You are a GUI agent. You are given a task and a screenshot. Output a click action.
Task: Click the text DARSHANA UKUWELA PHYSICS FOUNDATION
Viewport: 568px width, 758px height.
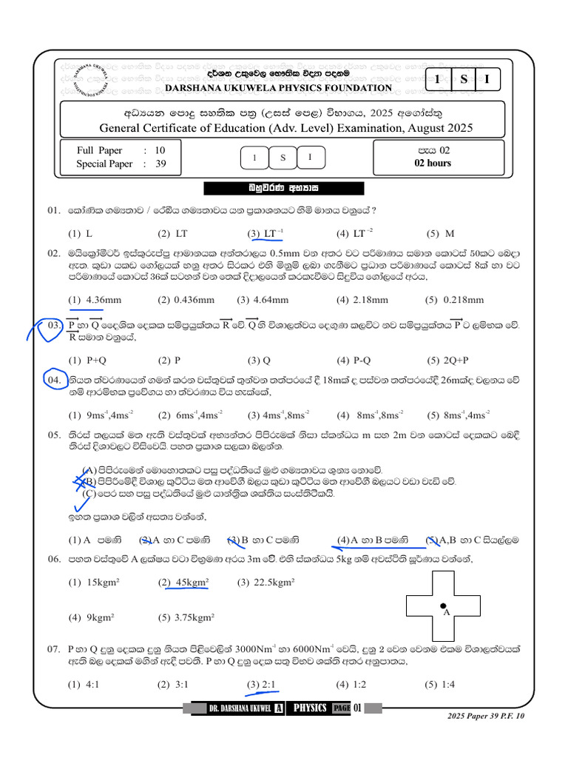(278, 88)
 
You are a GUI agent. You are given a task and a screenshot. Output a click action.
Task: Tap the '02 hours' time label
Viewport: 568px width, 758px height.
(433, 164)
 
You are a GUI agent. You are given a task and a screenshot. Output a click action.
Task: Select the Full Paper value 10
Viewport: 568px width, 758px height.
(160, 150)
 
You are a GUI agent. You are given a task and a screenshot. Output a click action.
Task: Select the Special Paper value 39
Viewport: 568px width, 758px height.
(160, 164)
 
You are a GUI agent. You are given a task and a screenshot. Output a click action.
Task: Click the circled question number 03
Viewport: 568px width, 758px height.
(53, 326)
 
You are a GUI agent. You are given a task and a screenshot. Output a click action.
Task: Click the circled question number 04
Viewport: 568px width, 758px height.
(54, 380)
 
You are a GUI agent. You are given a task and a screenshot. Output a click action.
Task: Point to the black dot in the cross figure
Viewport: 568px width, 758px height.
(442, 606)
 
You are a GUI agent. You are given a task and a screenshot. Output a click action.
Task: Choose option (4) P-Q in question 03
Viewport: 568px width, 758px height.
(354, 360)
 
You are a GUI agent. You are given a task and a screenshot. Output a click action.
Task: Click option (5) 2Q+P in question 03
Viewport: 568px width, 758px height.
(447, 360)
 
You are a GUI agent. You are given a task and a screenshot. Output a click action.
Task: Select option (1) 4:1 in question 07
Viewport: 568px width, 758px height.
(84, 685)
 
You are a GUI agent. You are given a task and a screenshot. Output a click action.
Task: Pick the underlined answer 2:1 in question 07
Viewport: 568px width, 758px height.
(262, 685)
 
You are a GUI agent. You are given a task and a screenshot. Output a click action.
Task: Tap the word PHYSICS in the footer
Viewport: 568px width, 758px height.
(310, 708)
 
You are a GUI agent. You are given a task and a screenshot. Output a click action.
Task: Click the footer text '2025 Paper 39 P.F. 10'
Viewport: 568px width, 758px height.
(486, 716)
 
